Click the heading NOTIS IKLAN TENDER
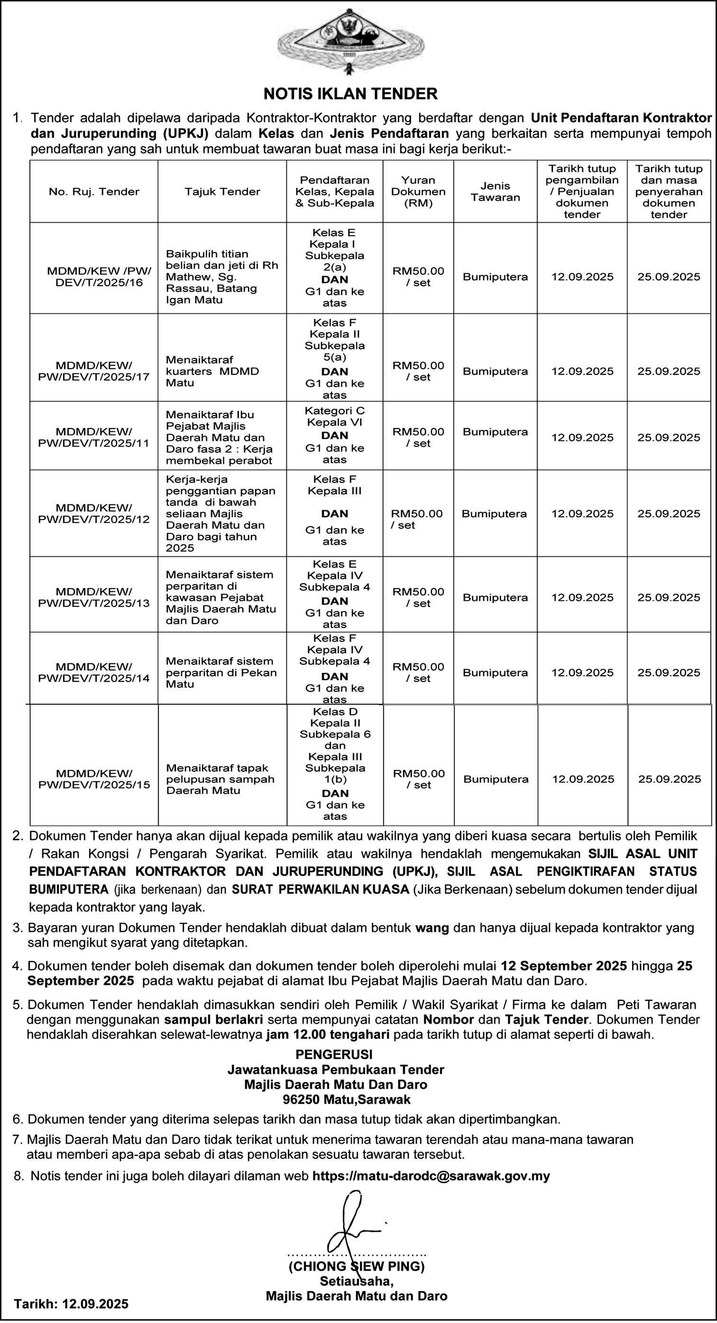pyautogui.click(x=350, y=94)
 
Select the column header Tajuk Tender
pyautogui.click(x=222, y=192)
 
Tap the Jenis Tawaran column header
pyautogui.click(x=495, y=192)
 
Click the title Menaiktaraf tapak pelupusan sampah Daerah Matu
pyautogui.click(x=220, y=779)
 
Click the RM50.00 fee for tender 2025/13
pyautogui.click(x=418, y=597)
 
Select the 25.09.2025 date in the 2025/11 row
pyautogui.click(x=669, y=438)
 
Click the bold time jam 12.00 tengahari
pyautogui.click(x=328, y=1034)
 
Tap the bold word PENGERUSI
pyautogui.click(x=334, y=1054)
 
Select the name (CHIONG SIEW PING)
pyautogui.click(x=357, y=1266)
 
